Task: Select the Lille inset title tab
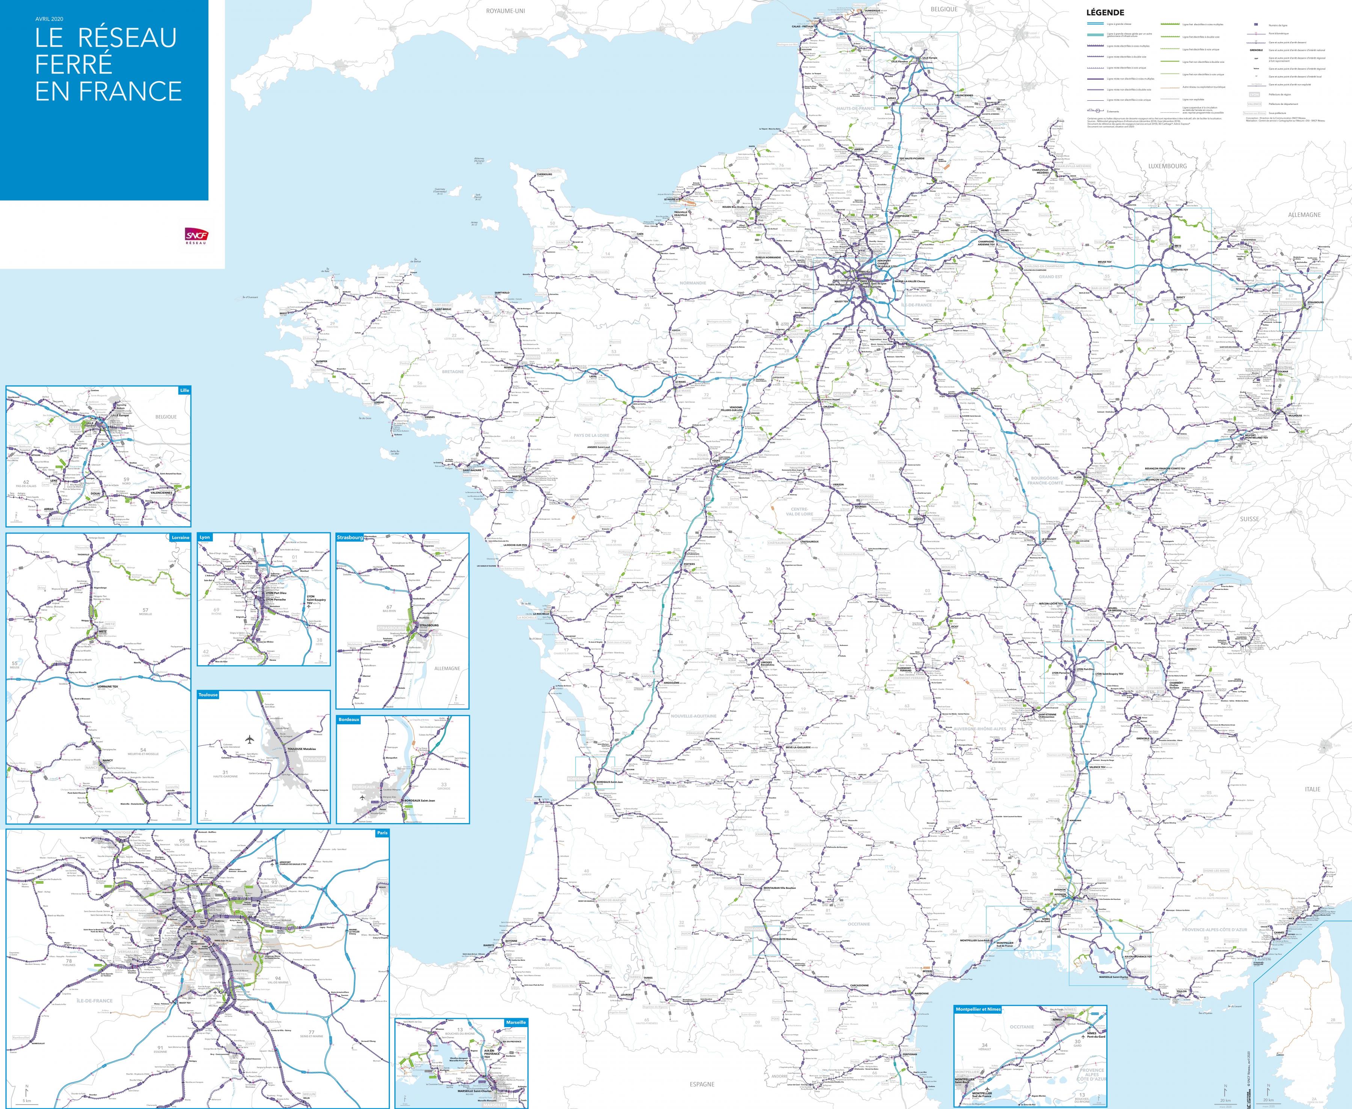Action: [x=184, y=390]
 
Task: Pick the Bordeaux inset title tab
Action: [x=349, y=719]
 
